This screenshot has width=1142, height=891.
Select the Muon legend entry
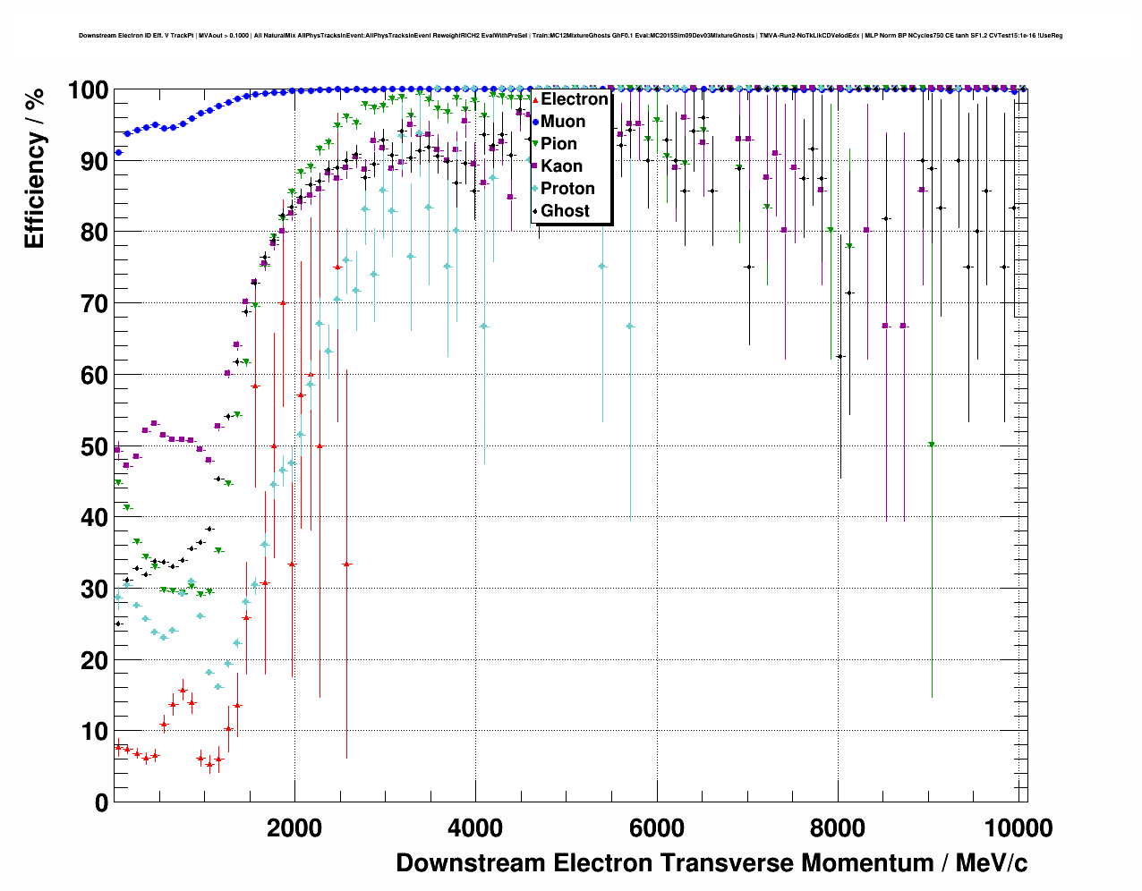click(563, 122)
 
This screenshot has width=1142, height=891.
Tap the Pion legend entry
click(558, 144)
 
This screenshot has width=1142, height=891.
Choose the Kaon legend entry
click(561, 166)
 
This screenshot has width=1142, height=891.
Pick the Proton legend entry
click(567, 189)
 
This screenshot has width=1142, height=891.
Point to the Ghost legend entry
click(565, 211)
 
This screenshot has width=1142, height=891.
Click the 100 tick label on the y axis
click(88, 90)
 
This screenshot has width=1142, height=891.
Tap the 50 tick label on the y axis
click(94, 446)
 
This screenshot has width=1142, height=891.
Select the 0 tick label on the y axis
click(101, 802)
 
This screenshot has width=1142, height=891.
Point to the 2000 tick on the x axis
click(294, 828)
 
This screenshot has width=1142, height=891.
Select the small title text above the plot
click(570, 36)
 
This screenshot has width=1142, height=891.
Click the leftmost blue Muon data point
click(118, 153)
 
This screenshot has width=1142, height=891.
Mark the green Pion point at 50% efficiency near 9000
click(932, 445)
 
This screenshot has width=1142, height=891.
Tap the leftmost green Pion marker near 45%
click(118, 482)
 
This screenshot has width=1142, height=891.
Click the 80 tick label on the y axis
click(94, 233)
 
